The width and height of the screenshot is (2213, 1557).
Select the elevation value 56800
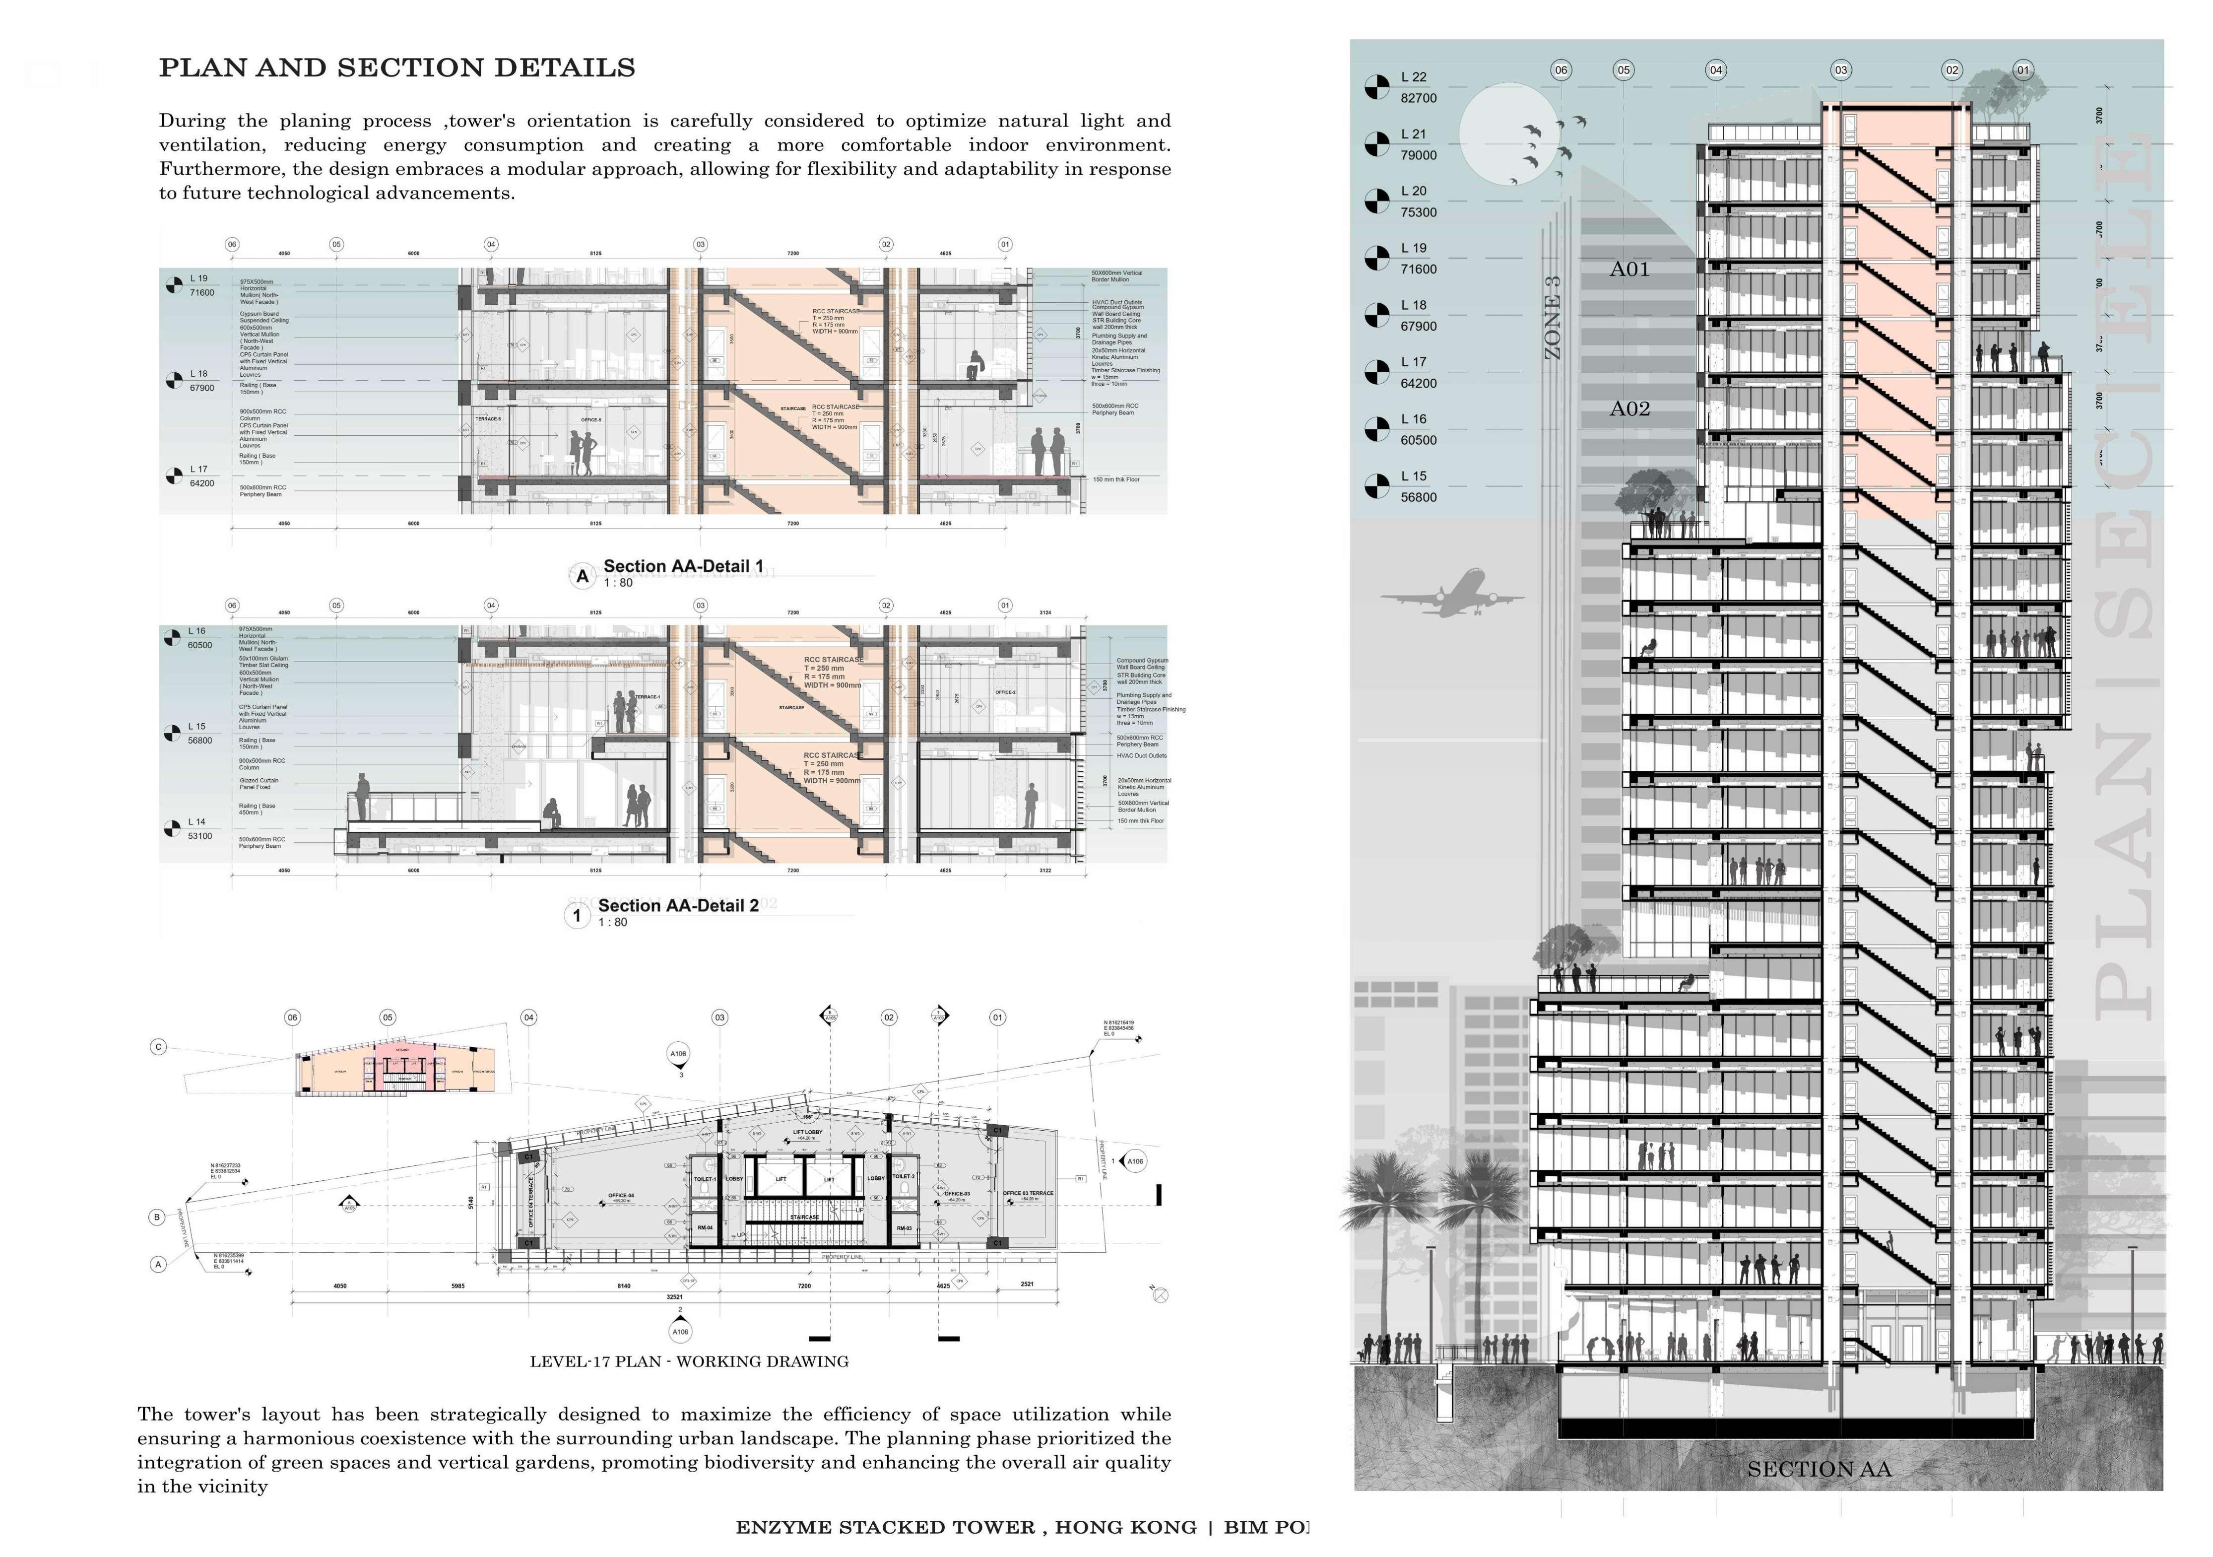1418,497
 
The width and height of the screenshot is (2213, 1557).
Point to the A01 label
1629,269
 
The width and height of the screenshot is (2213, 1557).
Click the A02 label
1629,409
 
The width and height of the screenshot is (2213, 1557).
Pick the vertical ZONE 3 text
1553,318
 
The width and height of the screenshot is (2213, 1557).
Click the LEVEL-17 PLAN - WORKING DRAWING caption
689,1361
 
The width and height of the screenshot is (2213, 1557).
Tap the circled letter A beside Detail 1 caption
582,577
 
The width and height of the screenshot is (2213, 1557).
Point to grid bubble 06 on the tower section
1561,69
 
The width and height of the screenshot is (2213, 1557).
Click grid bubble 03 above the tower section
1841,69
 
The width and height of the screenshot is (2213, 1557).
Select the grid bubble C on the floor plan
158,1046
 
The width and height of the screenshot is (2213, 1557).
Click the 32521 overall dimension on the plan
675,1297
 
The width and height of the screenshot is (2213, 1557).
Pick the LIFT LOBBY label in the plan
807,1132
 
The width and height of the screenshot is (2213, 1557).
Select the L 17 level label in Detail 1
198,470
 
